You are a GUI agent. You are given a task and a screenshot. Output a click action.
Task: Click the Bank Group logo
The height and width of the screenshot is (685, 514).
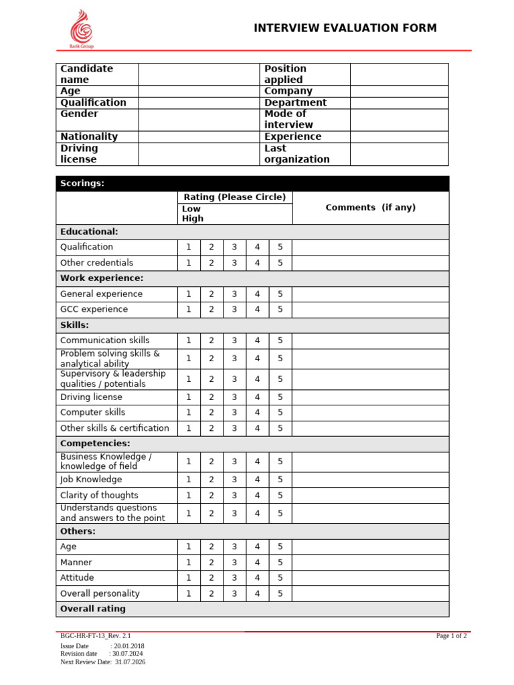[82, 29]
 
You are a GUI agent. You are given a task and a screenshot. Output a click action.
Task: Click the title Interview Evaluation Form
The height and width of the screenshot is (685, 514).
[345, 27]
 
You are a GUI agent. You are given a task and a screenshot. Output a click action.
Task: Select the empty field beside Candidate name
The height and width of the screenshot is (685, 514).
[198, 74]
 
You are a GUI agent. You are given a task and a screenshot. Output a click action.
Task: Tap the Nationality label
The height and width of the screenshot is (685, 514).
[89, 136]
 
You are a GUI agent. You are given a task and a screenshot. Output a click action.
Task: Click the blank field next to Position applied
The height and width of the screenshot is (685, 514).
[399, 74]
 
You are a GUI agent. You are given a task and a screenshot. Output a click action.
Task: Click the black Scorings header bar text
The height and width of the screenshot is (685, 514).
[82, 183]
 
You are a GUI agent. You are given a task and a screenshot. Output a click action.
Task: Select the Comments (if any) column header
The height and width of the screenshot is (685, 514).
[370, 207]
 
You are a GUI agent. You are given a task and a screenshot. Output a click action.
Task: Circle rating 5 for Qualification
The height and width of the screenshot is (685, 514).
[280, 247]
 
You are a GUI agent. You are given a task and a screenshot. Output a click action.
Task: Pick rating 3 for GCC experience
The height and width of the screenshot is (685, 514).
[234, 309]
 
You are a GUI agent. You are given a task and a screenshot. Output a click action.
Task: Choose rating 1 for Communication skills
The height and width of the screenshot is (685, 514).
[189, 340]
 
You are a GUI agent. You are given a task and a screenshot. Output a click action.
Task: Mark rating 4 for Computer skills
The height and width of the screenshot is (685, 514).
[257, 412]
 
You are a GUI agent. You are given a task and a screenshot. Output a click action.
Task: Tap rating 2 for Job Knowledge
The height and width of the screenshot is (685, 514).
[211, 479]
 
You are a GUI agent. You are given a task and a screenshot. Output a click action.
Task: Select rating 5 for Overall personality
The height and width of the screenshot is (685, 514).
[280, 593]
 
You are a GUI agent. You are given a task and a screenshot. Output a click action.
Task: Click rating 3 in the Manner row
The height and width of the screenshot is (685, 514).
[234, 563]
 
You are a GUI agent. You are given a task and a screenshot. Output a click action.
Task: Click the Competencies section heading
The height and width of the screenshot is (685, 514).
[95, 444]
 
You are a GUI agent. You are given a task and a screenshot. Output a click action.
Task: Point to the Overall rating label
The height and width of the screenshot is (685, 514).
[92, 609]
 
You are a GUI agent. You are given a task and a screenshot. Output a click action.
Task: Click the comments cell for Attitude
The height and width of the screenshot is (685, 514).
[370, 578]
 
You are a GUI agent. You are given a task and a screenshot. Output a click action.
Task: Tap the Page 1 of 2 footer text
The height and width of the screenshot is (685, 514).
[451, 636]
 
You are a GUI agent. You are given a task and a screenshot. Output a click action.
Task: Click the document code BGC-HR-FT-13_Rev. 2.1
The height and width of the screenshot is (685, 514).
[96, 636]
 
